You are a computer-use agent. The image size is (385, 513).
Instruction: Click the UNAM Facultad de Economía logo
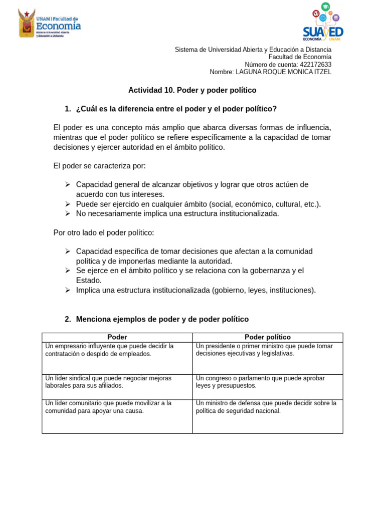click(x=49, y=24)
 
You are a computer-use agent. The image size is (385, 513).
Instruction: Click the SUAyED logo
click(x=323, y=22)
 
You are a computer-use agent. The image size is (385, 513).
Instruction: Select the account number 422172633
click(x=315, y=65)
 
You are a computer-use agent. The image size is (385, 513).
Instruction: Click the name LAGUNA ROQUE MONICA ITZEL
click(x=283, y=72)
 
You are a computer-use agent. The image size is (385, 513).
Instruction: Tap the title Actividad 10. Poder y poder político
click(x=192, y=90)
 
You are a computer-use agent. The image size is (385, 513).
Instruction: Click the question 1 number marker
click(x=68, y=109)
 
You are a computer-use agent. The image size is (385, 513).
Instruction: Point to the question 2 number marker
click(x=68, y=320)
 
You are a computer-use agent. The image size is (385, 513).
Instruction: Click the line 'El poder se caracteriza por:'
click(x=99, y=166)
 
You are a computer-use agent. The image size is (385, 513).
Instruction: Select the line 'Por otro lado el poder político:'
click(x=104, y=233)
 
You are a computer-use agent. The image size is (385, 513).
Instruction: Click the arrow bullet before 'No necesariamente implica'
click(x=68, y=213)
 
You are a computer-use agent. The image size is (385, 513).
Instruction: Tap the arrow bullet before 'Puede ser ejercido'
click(x=68, y=204)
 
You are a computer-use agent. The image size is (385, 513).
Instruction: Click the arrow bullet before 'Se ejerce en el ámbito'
click(x=68, y=271)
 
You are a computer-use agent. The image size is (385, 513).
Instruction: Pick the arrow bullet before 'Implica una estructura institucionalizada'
click(x=68, y=290)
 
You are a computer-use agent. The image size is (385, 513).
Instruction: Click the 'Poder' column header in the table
click(x=117, y=338)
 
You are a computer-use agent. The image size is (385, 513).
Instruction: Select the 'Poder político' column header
click(x=267, y=338)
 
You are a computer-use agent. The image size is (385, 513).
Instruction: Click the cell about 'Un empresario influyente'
click(x=117, y=357)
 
